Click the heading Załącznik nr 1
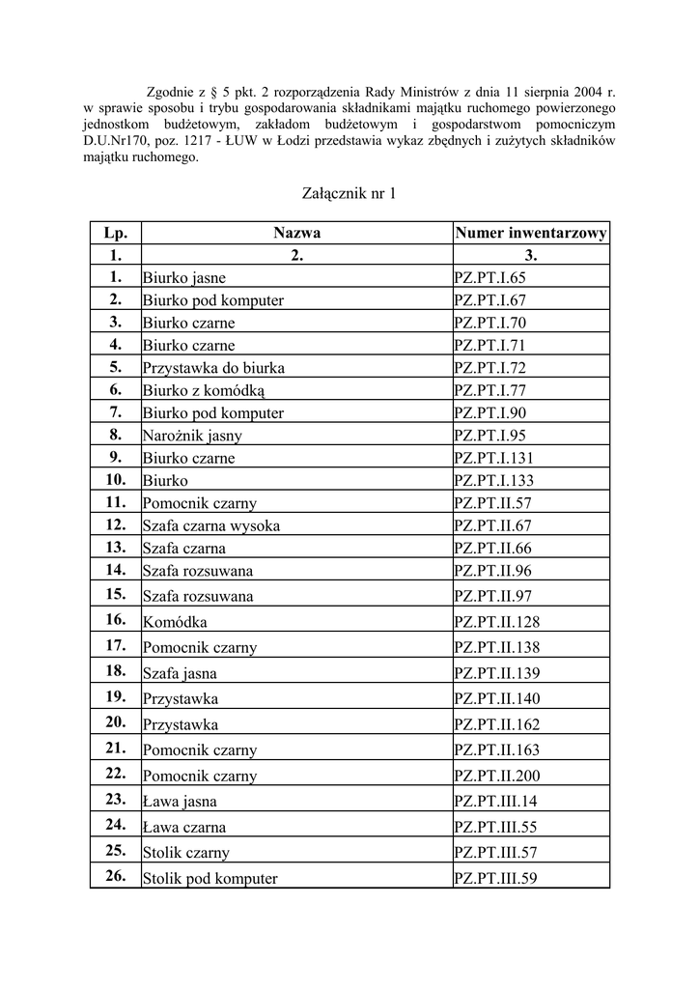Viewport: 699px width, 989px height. pos(349,194)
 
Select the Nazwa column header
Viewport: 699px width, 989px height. pos(296,233)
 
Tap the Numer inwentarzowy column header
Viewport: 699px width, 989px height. pos(531,233)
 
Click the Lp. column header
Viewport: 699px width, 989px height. pos(115,233)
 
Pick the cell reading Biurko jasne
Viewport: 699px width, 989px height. pos(184,278)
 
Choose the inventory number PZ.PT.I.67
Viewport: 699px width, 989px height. pos(490,300)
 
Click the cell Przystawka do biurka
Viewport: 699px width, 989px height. pos(213,368)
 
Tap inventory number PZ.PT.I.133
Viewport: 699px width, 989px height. pos(493,481)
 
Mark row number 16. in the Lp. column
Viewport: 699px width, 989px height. pos(115,619)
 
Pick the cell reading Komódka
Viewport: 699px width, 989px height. pos(175,622)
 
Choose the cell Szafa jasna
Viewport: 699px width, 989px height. pos(180,673)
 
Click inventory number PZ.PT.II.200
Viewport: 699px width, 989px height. pos(497,776)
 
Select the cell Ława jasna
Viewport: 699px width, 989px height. pos(180,802)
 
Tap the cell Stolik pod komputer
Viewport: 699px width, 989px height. pos(210,879)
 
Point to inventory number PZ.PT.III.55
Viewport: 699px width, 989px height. pos(495,828)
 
